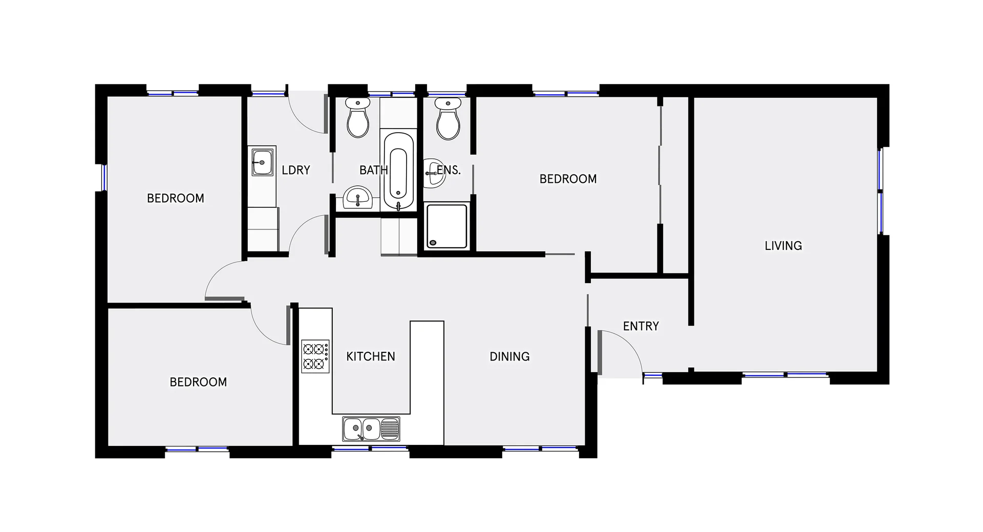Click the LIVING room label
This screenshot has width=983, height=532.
[x=783, y=246]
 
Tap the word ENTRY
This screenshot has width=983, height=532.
[x=640, y=326]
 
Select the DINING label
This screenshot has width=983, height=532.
[x=509, y=356]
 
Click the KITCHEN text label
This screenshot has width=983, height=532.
[x=371, y=356]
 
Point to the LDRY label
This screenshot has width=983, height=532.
[x=296, y=170]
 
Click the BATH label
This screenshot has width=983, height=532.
[x=373, y=170]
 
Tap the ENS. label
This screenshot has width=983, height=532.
[x=449, y=170]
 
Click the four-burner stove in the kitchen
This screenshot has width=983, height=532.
[x=315, y=356]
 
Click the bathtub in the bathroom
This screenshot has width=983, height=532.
[x=398, y=172]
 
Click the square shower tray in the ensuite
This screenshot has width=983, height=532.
[x=446, y=226]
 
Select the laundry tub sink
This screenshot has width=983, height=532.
[x=262, y=162]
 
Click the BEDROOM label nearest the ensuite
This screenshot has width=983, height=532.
[x=568, y=179]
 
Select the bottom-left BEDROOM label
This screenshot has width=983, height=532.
[x=198, y=382]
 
